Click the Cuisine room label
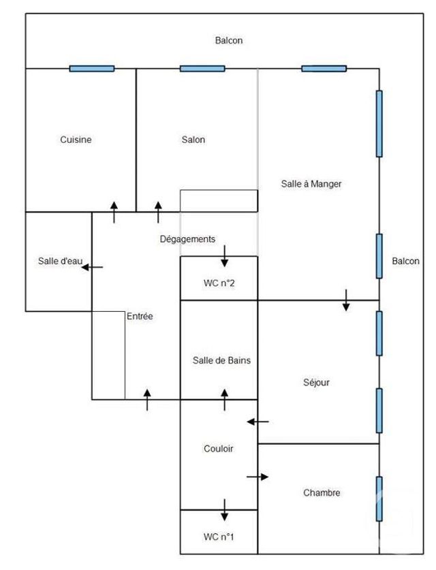(76, 140)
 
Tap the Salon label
(193, 140)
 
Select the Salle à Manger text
(311, 184)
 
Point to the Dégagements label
(187, 239)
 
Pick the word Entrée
(140, 317)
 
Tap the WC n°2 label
(219, 283)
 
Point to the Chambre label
(322, 492)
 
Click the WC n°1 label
(219, 537)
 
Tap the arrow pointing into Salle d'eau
(92, 268)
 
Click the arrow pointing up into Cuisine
(114, 212)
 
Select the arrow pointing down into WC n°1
(224, 509)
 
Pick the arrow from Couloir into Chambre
(258, 477)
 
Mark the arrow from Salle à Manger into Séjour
(346, 300)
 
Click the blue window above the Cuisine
(92, 68)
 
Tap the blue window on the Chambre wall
(379, 498)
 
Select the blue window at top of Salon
(202, 68)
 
